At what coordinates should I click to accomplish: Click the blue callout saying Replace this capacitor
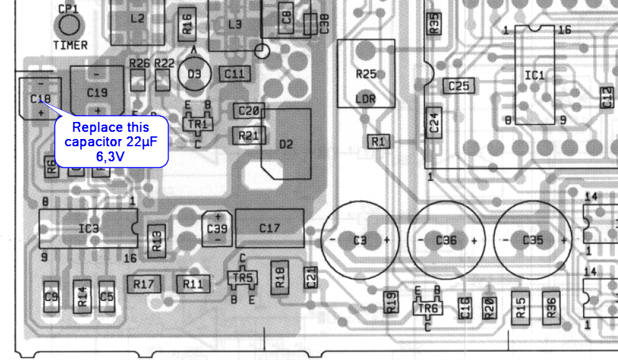click(111, 140)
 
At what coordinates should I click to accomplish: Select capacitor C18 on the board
click(39, 98)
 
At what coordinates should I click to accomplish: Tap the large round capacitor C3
click(360, 240)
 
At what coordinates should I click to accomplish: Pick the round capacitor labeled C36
click(446, 240)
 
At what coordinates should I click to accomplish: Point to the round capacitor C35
click(533, 240)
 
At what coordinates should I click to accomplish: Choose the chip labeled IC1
click(534, 75)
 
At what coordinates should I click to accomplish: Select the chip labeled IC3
click(89, 228)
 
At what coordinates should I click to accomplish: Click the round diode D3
click(194, 74)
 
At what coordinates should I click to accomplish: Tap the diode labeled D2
click(286, 144)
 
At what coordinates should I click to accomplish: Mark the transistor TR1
click(197, 124)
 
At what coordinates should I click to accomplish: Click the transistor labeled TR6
click(428, 306)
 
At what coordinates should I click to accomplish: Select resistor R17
click(144, 284)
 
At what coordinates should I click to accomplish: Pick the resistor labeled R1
click(379, 141)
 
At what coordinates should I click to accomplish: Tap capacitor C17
click(270, 228)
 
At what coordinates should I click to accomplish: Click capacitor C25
click(459, 86)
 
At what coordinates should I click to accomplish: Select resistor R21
click(249, 136)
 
